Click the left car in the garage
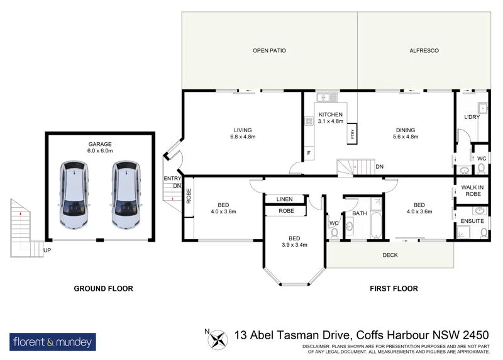click(74, 194)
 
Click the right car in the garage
click(124, 194)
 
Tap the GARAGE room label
click(99, 144)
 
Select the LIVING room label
click(243, 130)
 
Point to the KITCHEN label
click(331, 114)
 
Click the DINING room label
click(405, 130)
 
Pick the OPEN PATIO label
click(270, 50)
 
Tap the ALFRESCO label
click(424, 50)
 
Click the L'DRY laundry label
click(472, 118)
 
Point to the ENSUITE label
click(472, 222)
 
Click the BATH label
click(359, 213)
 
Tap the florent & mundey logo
click(53, 342)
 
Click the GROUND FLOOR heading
click(103, 289)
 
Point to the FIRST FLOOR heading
click(394, 289)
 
